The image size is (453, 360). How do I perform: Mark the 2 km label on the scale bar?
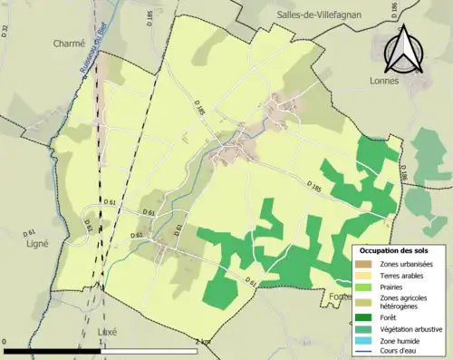201,341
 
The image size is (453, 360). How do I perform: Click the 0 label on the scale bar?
5,341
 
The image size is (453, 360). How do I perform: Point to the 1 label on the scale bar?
101,341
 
